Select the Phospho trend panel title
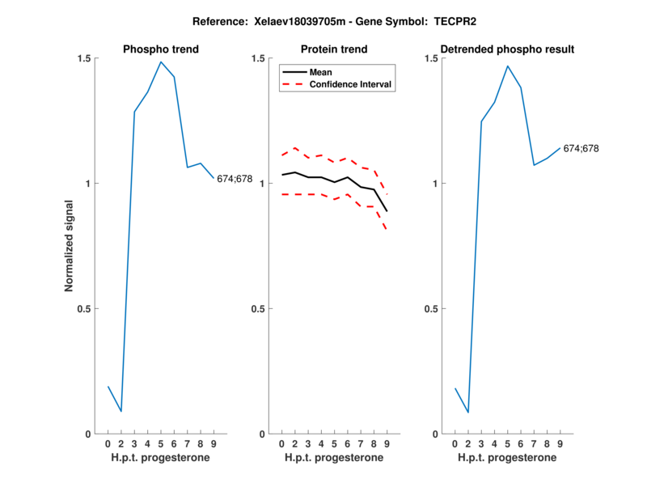pyautogui.click(x=161, y=49)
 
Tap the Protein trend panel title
pyautogui.click(x=334, y=49)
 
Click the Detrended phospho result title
pyautogui.click(x=507, y=49)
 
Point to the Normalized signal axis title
pyautogui.click(x=70, y=246)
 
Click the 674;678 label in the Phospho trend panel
pyautogui.click(x=235, y=179)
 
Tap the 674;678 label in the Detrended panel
pyautogui.click(x=581, y=149)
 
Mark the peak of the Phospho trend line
pyautogui.click(x=161, y=61)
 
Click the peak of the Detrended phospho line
pyautogui.click(x=507, y=66)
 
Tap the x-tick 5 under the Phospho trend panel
pyautogui.click(x=161, y=444)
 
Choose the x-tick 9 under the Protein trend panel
pyautogui.click(x=387, y=444)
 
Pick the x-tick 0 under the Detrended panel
pyautogui.click(x=455, y=444)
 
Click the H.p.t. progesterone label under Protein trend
pyautogui.click(x=334, y=458)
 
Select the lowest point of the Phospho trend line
pyautogui.click(x=121, y=412)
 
